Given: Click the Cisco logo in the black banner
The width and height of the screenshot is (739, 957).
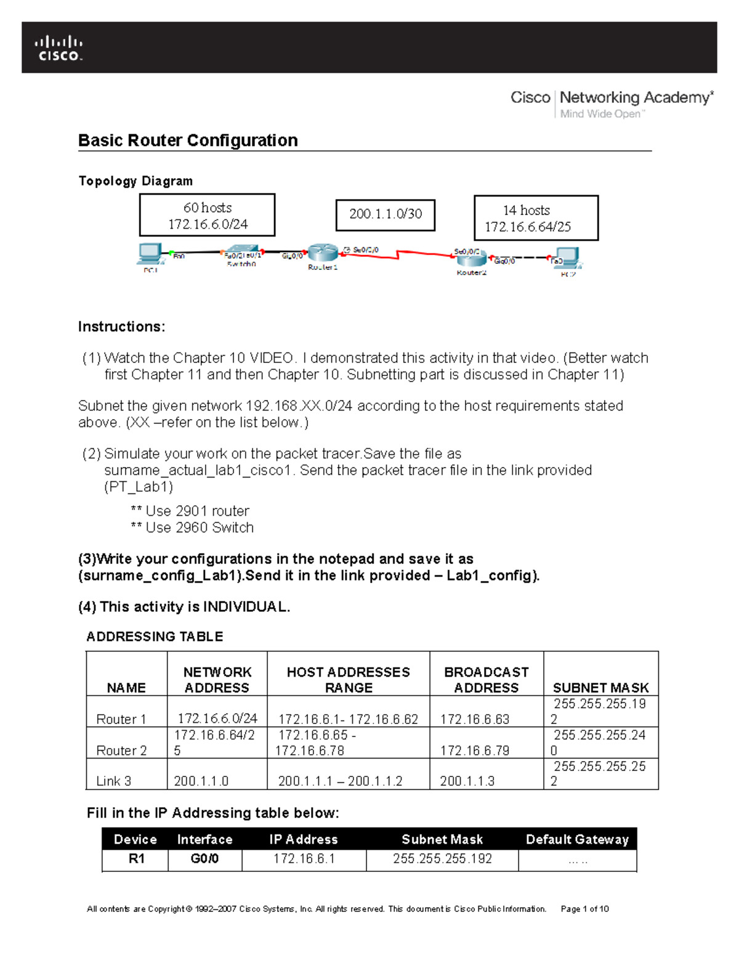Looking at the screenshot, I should [x=59, y=49].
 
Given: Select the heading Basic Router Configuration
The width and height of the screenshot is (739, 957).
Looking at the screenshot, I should [x=188, y=140].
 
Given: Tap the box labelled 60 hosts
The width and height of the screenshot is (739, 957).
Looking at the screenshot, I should [x=207, y=215].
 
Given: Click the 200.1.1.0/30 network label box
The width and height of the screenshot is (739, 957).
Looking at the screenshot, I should [x=386, y=214].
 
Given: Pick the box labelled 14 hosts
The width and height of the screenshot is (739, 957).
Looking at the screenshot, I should [x=536, y=218].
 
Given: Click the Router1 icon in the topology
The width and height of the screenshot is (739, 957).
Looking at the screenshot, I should [x=322, y=253].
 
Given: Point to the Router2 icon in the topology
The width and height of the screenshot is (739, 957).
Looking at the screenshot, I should [x=472, y=259].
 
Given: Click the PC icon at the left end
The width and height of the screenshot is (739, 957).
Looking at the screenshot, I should [x=150, y=253].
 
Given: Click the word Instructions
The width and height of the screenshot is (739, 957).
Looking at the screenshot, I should [x=121, y=327].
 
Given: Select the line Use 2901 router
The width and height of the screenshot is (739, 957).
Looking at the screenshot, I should [x=190, y=511].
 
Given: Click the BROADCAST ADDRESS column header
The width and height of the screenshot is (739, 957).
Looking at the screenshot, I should [x=486, y=680].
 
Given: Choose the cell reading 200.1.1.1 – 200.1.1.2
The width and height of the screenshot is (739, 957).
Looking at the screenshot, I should [x=340, y=781].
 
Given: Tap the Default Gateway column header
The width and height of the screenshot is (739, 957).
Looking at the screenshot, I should [x=577, y=839].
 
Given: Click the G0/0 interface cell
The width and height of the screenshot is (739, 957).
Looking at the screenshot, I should [x=204, y=858].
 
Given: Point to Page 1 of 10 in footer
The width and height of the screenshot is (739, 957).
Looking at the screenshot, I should [x=584, y=909].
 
